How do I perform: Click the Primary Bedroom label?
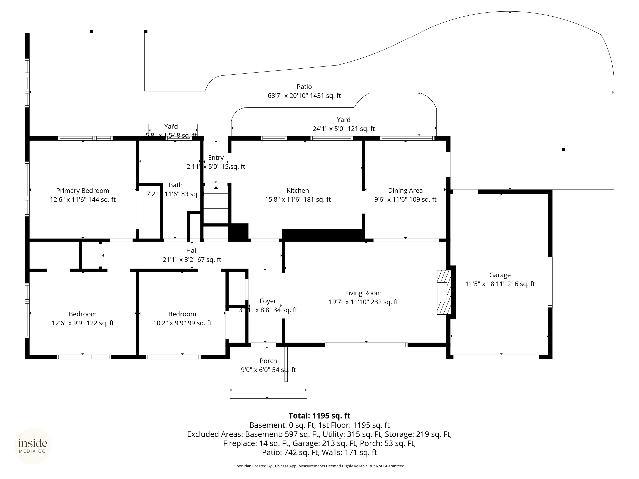83,191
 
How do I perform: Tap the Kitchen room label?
298,191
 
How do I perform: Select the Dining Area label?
405,191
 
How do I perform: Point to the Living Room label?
363,293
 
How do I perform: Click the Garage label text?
500,275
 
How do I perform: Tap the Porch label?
268,361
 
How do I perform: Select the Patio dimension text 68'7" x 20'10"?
304,96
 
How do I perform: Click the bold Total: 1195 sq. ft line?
319,416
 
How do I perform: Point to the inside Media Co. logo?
33,446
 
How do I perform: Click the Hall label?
192,251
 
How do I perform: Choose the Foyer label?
268,301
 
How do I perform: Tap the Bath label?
176,185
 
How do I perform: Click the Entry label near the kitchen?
216,158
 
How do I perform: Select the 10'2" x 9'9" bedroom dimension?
182,323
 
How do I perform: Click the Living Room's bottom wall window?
366,345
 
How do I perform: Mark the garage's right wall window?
550,282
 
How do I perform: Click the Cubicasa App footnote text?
319,466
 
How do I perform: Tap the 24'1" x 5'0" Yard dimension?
343,129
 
